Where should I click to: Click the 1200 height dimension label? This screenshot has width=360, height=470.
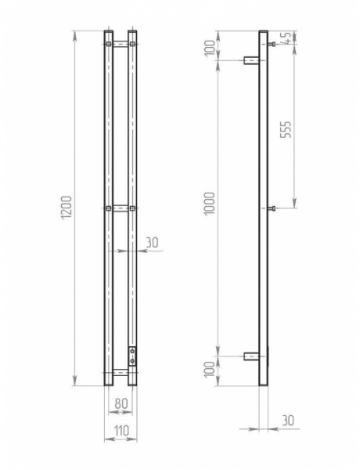(67, 208)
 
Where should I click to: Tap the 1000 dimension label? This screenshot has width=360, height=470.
(210, 203)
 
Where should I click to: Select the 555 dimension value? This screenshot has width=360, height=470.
(286, 129)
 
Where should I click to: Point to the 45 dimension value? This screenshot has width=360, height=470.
(286, 38)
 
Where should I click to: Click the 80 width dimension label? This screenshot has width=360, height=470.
(121, 403)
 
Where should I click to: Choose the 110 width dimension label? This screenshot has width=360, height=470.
(121, 431)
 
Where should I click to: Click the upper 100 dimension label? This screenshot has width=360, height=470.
(211, 48)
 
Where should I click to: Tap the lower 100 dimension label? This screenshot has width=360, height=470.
(210, 369)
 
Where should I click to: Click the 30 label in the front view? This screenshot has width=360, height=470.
(152, 243)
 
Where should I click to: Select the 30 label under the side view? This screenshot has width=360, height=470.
(288, 421)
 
